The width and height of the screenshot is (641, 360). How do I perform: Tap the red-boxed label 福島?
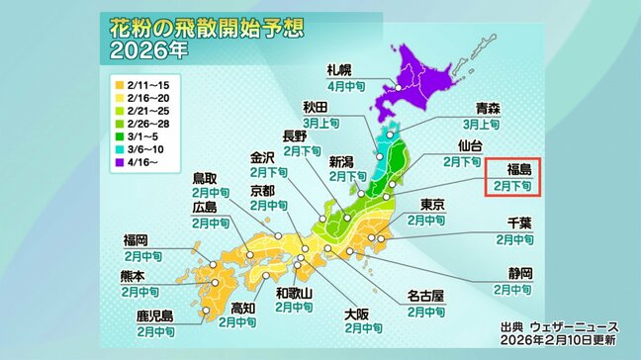[x=512, y=168]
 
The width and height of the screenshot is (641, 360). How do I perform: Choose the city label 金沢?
[x=261, y=156]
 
